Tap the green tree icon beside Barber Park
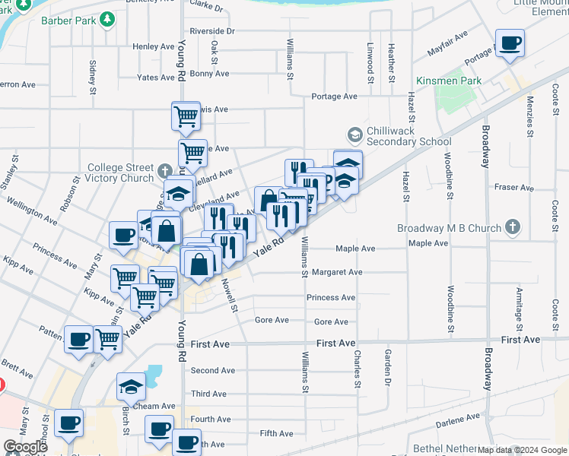point(109,18)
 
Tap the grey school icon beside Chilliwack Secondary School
point(354,135)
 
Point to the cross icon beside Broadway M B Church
point(513,227)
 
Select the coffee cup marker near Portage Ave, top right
point(509,43)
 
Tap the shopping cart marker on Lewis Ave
point(186,117)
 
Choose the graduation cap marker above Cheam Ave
point(131,388)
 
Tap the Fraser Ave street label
point(514,187)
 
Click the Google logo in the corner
point(26,447)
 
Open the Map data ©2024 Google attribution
point(522,450)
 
